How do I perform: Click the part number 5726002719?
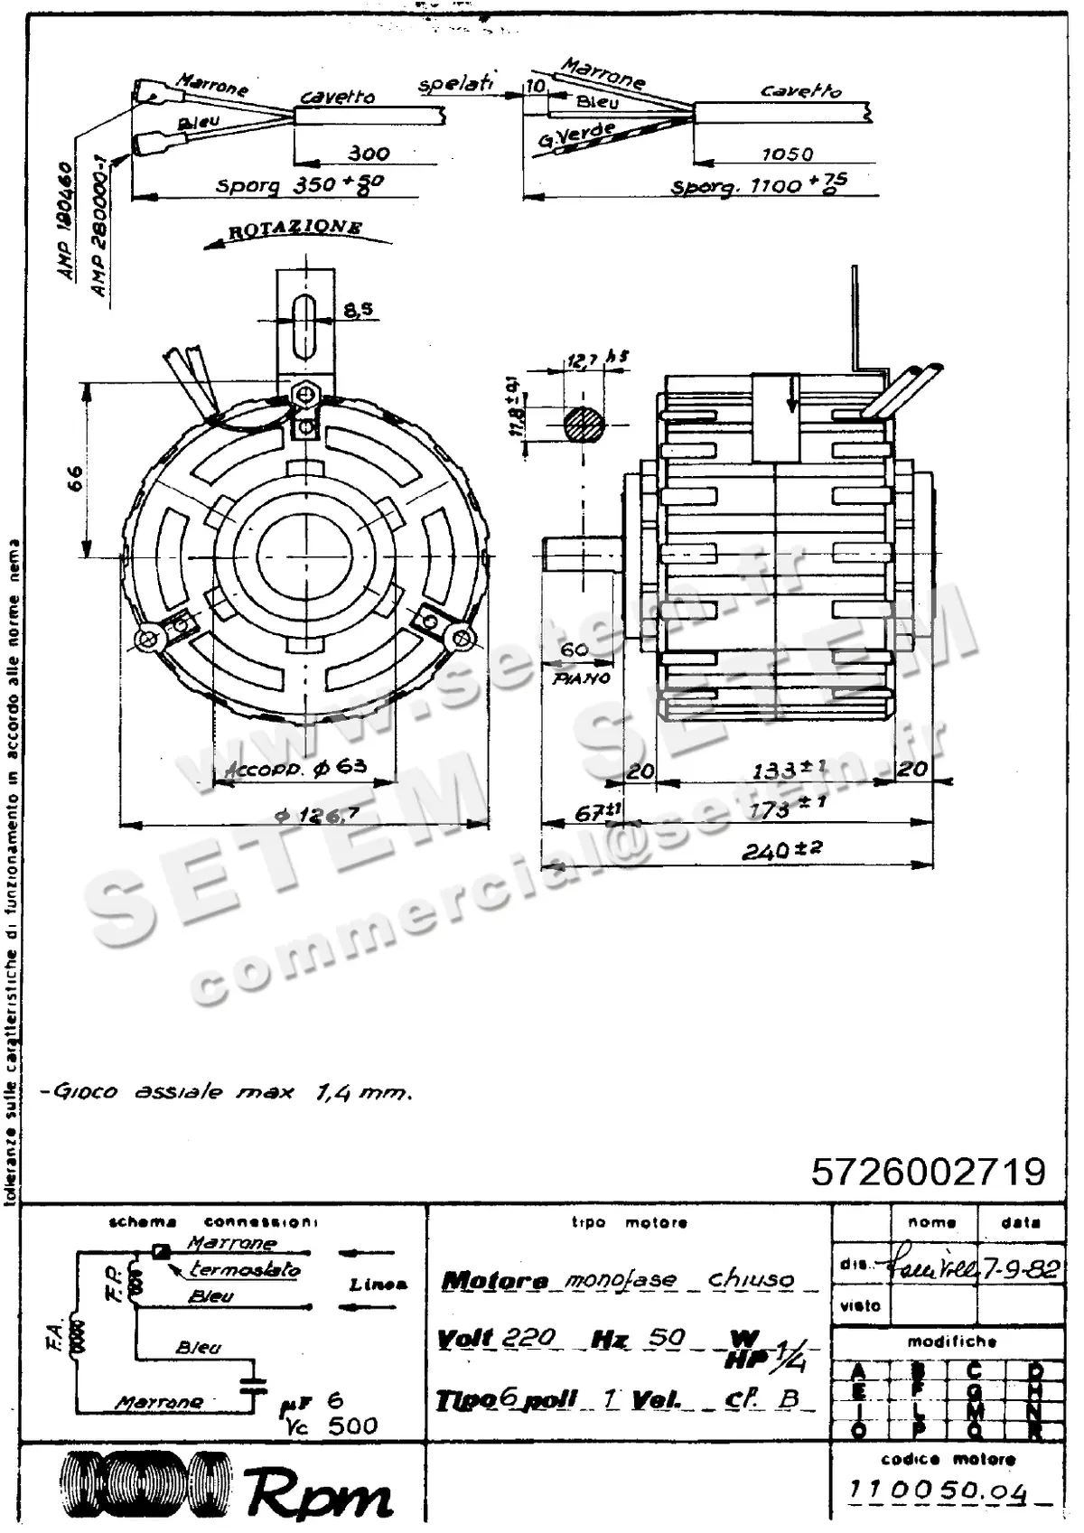(928, 1172)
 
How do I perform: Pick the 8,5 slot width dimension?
(358, 310)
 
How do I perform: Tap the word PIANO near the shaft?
(582, 678)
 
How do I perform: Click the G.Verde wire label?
(576, 136)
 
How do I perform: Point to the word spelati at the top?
(456, 83)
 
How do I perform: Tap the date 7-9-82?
(1021, 1268)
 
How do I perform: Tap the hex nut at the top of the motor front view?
(305, 395)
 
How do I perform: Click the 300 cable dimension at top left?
(369, 154)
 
